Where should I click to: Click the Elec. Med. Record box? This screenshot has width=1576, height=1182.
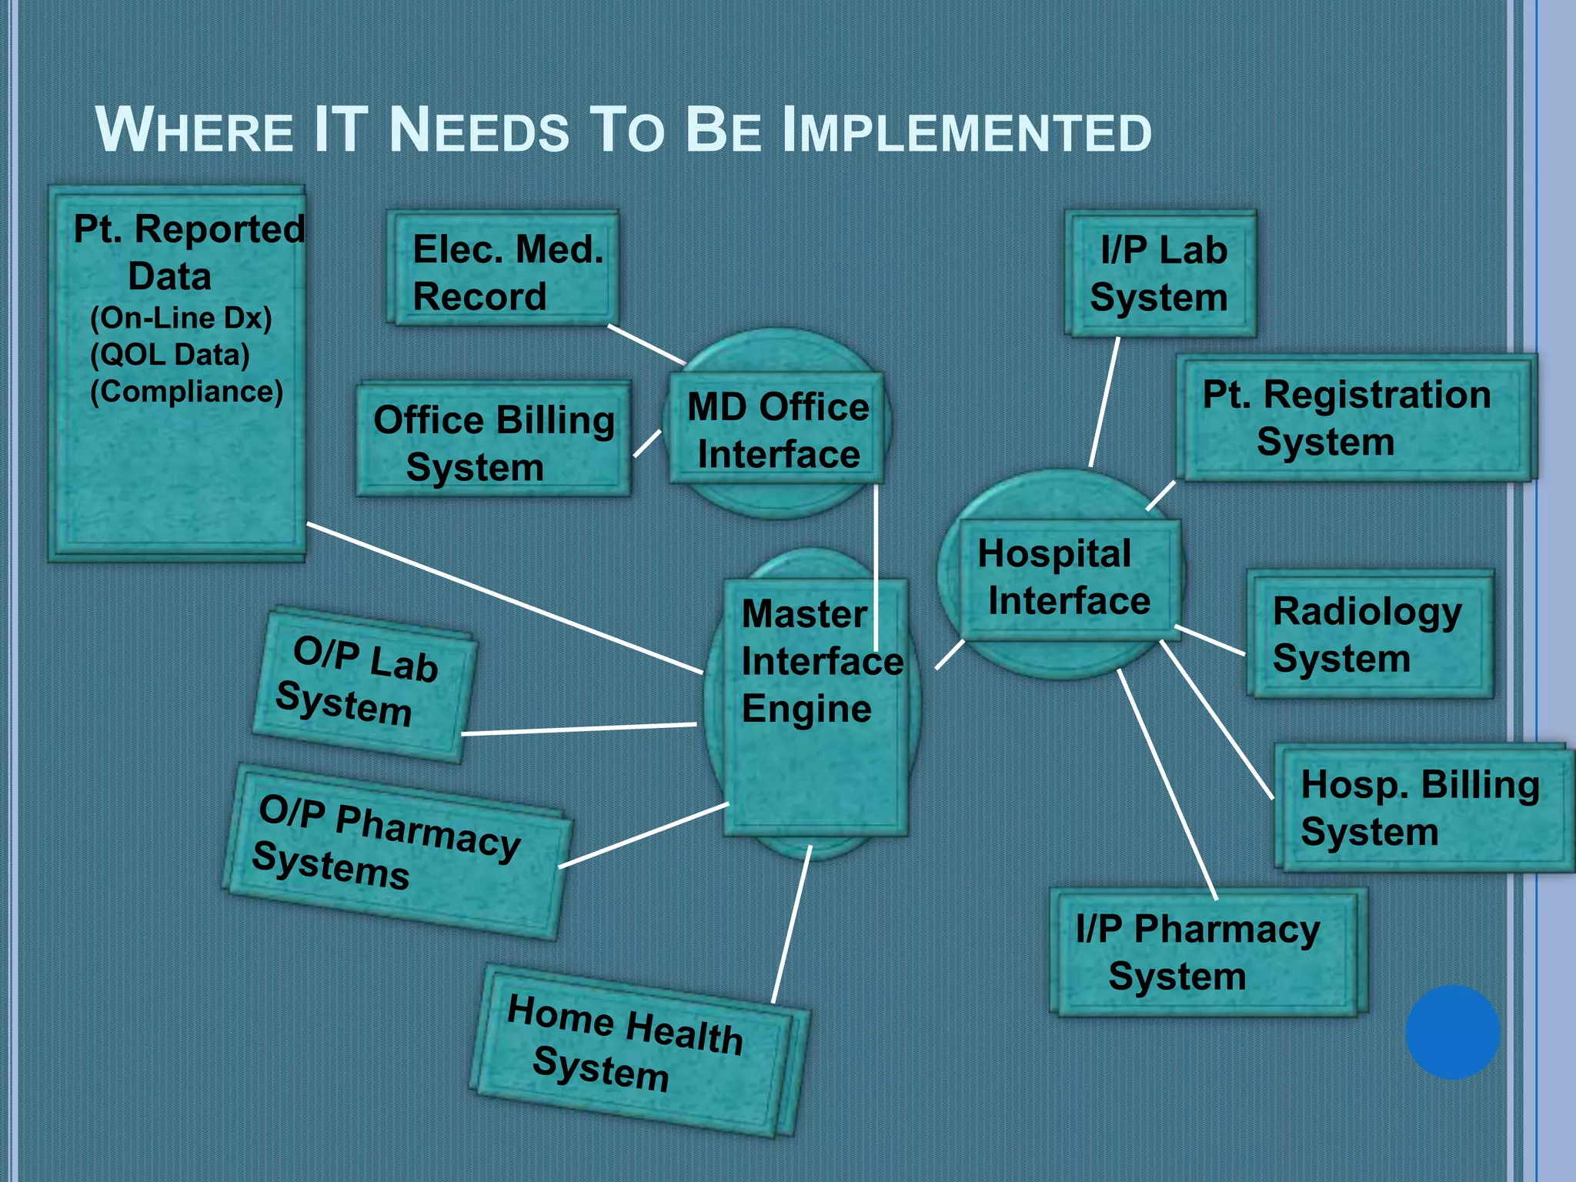coord(504,269)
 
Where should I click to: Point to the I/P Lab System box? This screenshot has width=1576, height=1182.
coord(1160,274)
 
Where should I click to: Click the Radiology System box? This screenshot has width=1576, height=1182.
coord(1369,635)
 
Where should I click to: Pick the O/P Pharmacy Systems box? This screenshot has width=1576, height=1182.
coord(396,850)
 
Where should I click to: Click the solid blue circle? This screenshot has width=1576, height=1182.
coord(1452,1032)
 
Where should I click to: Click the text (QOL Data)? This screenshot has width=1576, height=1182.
coord(170,355)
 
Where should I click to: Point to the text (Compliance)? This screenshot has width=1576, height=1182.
coord(186,392)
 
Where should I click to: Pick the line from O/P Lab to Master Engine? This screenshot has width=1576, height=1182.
coord(577,729)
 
